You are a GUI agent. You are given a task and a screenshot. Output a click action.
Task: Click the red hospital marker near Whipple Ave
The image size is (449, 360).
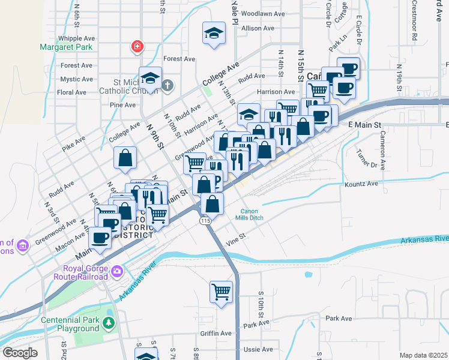tap(137, 46)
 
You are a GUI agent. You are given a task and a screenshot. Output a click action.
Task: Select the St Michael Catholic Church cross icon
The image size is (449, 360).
tap(167, 85)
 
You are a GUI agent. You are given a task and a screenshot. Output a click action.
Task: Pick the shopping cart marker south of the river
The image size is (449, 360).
tap(221, 293)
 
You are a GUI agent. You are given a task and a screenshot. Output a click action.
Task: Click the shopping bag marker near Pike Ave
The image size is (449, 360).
tap(125, 159)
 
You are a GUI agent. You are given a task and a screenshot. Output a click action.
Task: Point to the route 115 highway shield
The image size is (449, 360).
tap(205, 221)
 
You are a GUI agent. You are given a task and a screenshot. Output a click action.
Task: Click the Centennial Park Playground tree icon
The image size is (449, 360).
tap(108, 324)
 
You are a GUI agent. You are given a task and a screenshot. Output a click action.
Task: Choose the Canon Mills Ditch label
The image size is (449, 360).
tap(257, 214)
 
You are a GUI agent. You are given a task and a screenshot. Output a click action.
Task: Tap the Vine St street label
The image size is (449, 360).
tap(236, 238)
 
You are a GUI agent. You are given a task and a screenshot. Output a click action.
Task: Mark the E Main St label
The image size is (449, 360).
tap(365, 124)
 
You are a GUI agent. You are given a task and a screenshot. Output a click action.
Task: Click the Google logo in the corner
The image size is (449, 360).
tap(20, 353)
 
